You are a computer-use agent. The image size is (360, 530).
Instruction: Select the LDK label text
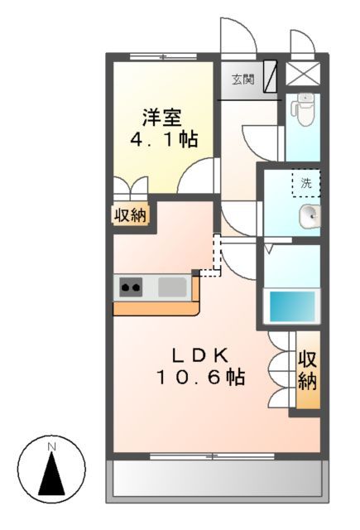coord(199,355)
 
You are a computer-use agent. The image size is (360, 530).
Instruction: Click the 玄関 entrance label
coord(242,79)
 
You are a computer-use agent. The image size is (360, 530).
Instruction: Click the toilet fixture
coord(306,108)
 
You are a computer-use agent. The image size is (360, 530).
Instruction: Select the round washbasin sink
coord(309,216)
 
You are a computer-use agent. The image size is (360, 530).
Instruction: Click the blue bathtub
coord(290,307)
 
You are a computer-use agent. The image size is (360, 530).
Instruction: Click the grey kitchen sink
coord(172,287)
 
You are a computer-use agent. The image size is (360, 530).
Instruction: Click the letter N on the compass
coord(51,448)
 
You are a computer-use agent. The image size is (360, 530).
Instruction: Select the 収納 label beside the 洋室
coord(130,216)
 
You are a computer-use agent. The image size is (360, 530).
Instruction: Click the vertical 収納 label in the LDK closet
coord(308,370)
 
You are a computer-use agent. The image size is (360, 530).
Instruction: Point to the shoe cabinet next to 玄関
coord(270,73)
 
